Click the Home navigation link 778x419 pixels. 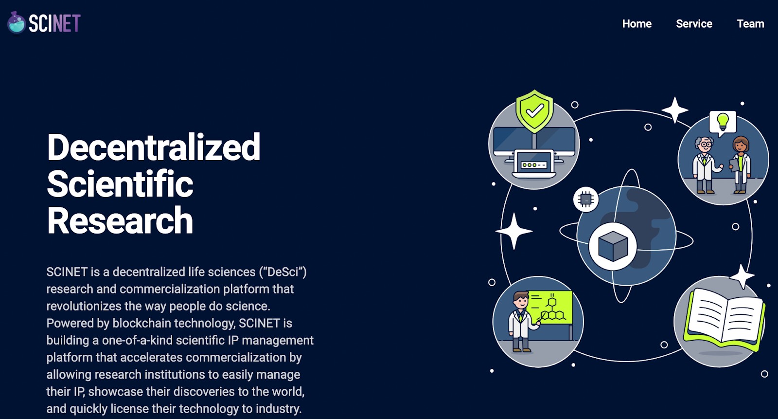pyautogui.click(x=637, y=24)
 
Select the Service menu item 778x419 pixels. pyautogui.click(x=694, y=24)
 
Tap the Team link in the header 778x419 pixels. pyautogui.click(x=750, y=24)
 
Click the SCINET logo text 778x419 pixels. pyautogui.click(x=54, y=23)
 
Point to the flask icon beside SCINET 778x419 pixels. pyautogui.click(x=17, y=23)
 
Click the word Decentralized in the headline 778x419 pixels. pyautogui.click(x=154, y=147)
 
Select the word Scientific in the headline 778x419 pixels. pyautogui.click(x=120, y=184)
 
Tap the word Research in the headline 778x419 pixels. pyautogui.click(x=120, y=221)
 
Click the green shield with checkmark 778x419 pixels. pyautogui.click(x=534, y=111)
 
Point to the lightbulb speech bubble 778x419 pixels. pyautogui.click(x=723, y=122)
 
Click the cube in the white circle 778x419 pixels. pyautogui.click(x=613, y=246)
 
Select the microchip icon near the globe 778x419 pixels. pyautogui.click(x=586, y=199)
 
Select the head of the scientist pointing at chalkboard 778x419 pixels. pyautogui.click(x=520, y=300)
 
